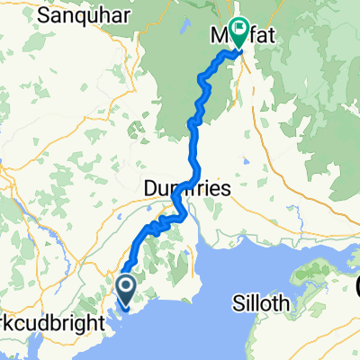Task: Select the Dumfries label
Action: [187, 189]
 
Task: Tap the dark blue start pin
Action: [124, 292]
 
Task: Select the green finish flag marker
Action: [239, 32]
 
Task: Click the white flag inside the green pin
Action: [239, 28]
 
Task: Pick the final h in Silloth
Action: [285, 304]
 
